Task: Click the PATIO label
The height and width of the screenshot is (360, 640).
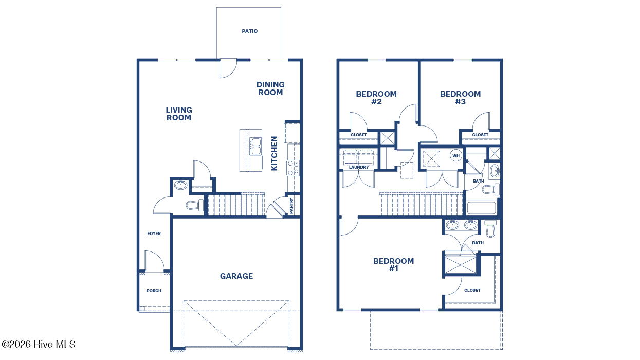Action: (x=250, y=31)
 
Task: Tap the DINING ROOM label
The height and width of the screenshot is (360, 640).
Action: (x=270, y=88)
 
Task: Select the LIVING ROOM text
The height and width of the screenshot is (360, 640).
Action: (x=179, y=114)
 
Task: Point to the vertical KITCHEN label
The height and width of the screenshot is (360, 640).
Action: (x=275, y=153)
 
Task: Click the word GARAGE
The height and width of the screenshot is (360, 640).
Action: (x=236, y=276)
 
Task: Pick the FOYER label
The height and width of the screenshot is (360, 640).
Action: (x=154, y=233)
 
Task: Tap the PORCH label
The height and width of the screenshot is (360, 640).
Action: (x=154, y=291)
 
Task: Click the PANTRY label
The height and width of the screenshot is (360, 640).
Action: (x=291, y=206)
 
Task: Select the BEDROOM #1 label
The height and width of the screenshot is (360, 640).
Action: (x=393, y=264)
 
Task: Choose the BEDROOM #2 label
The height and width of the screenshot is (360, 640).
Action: (x=376, y=98)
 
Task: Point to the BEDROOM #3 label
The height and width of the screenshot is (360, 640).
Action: (x=460, y=98)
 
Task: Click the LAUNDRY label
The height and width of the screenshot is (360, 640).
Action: (x=359, y=167)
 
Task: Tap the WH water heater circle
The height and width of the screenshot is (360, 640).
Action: (x=456, y=156)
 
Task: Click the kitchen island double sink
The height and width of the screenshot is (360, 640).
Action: (x=255, y=146)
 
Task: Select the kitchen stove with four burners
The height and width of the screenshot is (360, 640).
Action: (x=294, y=168)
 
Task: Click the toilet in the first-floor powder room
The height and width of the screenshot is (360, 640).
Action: (x=195, y=205)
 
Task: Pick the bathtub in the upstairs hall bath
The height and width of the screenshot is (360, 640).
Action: (x=482, y=208)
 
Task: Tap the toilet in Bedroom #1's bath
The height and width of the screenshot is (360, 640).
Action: (x=490, y=228)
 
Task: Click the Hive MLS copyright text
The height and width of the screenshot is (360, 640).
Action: (x=39, y=344)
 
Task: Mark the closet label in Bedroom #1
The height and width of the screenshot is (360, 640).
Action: (x=472, y=290)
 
